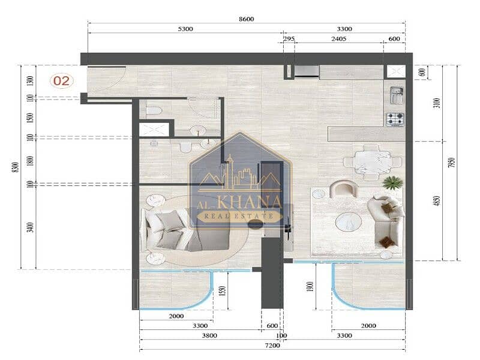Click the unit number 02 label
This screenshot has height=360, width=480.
(62, 81)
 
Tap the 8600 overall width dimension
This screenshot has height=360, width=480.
(247, 19)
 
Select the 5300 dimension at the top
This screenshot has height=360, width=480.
(185, 29)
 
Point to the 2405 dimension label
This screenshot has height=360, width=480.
(338, 39)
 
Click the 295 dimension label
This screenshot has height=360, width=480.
(289, 39)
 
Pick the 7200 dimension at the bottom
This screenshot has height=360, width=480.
(272, 346)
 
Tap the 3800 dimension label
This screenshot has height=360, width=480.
(209, 335)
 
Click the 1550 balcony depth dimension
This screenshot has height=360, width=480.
(223, 290)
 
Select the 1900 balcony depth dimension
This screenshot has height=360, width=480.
(310, 287)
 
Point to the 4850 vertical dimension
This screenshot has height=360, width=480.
(437, 201)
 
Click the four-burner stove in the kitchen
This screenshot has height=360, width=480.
(395, 119)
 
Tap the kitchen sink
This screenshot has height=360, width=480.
(397, 95)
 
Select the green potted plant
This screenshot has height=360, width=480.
(392, 183)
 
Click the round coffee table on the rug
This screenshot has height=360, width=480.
(349, 221)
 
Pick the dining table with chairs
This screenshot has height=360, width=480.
(373, 162)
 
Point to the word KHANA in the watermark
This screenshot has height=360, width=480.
(250, 202)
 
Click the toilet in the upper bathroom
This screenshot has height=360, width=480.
(154, 111)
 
